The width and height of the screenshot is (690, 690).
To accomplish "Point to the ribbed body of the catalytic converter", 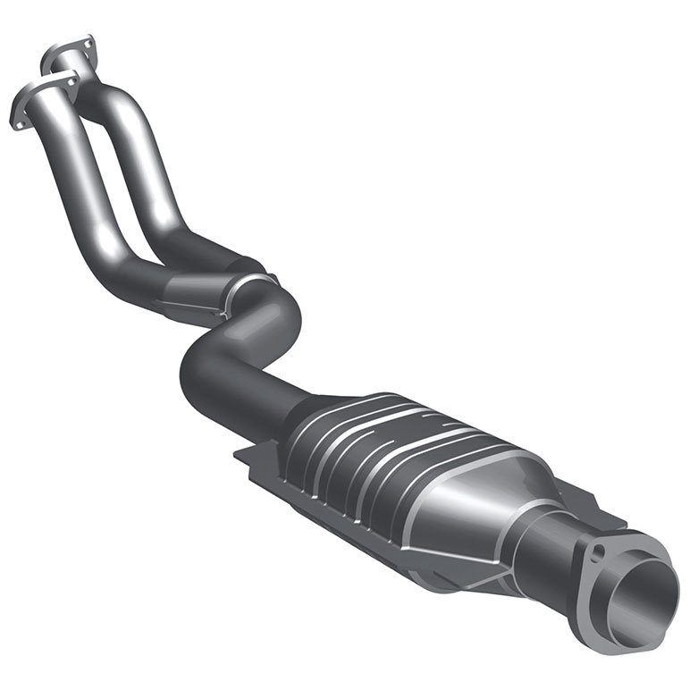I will coord(384,465).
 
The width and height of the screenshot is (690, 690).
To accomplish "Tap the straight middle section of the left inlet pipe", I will coord(80,179).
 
